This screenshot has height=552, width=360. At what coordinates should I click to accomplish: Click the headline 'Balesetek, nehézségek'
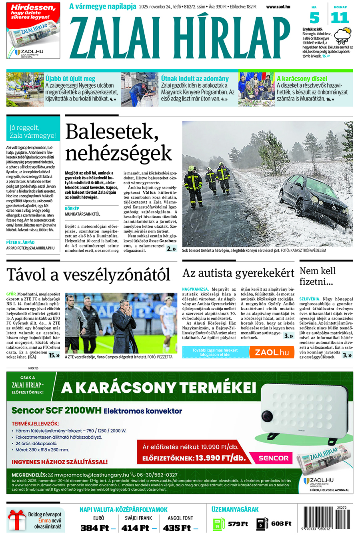[x=118, y=142]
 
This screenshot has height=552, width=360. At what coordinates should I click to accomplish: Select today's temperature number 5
[x=315, y=18]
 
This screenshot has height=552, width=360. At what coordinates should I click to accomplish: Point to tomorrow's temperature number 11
[x=340, y=18]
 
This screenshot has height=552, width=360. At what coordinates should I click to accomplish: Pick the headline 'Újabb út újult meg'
[x=70, y=78]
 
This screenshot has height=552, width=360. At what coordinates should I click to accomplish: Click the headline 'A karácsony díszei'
[x=302, y=78]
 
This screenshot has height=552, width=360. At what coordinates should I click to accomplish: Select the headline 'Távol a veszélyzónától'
[x=88, y=275]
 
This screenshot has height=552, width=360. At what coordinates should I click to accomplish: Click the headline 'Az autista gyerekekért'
[x=238, y=273]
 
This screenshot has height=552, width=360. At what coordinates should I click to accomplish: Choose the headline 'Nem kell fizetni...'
[x=318, y=276]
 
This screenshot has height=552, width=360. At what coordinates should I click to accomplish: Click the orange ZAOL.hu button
[x=272, y=352]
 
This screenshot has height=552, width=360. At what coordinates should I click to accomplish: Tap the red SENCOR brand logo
[x=273, y=458]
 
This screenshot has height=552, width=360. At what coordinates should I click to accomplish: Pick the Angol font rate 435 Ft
[x=177, y=528]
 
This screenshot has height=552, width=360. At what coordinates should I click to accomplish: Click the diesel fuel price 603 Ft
[x=281, y=524]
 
